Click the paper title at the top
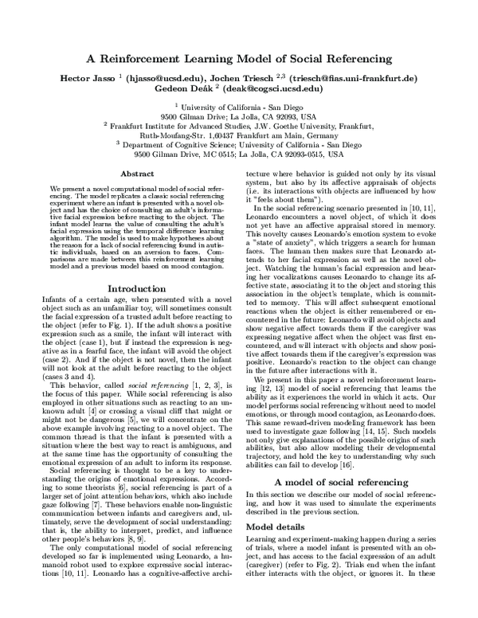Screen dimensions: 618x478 [239, 57]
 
